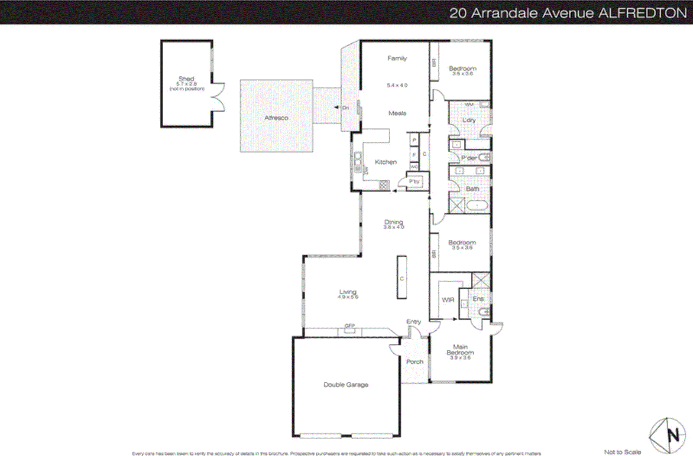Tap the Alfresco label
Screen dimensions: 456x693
tap(276, 118)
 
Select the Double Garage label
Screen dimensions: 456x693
tap(346, 384)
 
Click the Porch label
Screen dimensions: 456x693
tap(415, 362)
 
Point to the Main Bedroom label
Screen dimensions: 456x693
tap(460, 350)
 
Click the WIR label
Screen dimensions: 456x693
tap(448, 300)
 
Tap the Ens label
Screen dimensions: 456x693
tap(478, 299)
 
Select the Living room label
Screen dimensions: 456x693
tap(348, 292)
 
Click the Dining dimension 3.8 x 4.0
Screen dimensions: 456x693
tap(393, 227)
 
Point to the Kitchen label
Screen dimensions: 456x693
tap(385, 162)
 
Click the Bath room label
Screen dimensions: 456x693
tap(472, 189)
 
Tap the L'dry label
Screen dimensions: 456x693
tap(469, 120)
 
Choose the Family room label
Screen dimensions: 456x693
tap(397, 58)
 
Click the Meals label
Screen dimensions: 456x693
tap(397, 113)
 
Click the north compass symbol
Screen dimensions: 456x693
tap(667, 435)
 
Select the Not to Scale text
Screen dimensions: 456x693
tap(622, 452)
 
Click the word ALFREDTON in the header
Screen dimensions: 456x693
tap(643, 13)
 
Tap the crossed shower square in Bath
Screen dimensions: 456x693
tap(457, 205)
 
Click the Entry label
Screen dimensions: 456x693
tap(414, 322)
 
